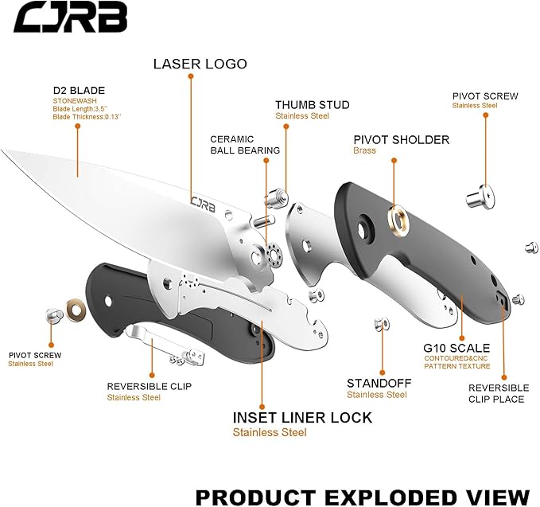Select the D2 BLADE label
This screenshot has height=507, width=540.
[79, 90]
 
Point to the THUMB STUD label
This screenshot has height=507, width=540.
[312, 105]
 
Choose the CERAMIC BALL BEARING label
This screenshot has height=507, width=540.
[245, 144]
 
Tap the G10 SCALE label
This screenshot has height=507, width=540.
[456, 348]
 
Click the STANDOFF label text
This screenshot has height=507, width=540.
[377, 383]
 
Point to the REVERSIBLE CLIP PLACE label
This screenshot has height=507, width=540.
[498, 393]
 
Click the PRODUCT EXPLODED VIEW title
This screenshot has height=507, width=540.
[362, 497]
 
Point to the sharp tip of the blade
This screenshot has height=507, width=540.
[3, 149]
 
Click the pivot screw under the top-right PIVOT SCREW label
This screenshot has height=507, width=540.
[480, 193]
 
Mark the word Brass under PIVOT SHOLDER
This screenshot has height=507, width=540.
[365, 150]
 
